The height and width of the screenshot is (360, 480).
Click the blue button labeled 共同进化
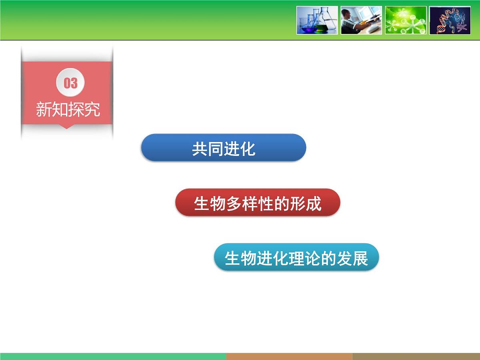(x=223, y=148)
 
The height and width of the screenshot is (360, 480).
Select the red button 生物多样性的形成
(x=258, y=203)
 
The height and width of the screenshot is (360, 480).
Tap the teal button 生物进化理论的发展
(x=296, y=258)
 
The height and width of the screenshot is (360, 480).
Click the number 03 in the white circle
(x=70, y=83)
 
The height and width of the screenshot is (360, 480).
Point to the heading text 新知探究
(x=68, y=109)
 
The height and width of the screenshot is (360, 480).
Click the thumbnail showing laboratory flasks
(x=317, y=20)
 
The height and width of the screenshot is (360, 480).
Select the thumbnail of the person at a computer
(x=361, y=20)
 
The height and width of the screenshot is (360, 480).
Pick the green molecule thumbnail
(x=406, y=20)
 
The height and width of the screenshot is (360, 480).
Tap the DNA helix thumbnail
(x=450, y=20)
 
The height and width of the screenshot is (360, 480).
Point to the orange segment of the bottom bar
(x=289, y=356)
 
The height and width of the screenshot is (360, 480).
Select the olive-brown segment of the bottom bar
(x=416, y=356)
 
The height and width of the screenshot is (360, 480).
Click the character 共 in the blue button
(x=199, y=149)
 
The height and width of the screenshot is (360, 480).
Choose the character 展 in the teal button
(x=360, y=258)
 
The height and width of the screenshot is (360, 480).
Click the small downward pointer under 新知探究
(x=67, y=127)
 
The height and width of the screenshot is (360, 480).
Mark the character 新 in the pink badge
(x=44, y=110)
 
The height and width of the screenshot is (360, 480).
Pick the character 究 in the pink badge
(x=92, y=110)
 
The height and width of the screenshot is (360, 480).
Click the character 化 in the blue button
(x=248, y=149)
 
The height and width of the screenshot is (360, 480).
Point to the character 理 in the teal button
(x=296, y=258)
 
